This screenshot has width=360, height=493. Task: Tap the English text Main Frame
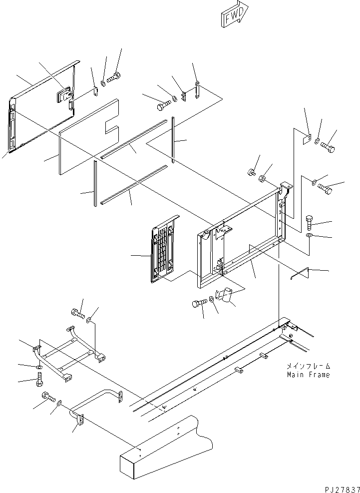308,375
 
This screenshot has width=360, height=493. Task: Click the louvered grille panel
165,248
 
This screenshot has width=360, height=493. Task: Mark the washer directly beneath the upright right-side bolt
309,236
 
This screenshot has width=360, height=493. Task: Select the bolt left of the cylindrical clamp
199,303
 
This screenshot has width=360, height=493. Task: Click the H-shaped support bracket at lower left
69,354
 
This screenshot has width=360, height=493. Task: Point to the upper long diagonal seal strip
134,139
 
